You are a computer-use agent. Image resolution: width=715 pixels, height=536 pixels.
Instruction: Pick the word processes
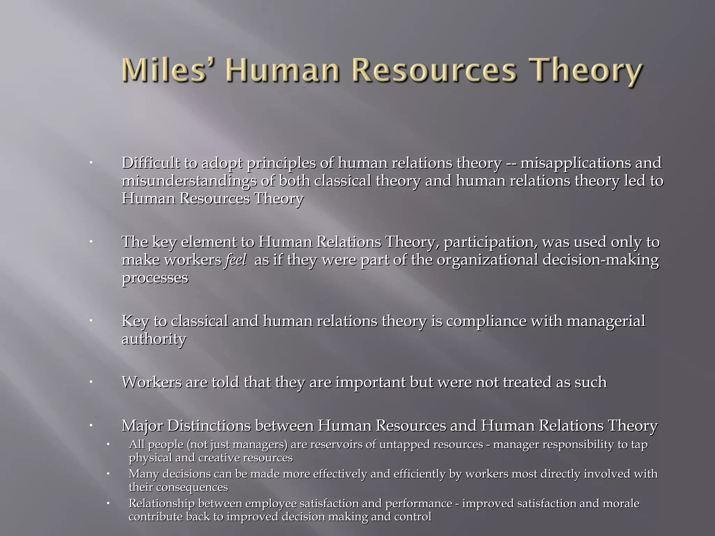tap(155, 278)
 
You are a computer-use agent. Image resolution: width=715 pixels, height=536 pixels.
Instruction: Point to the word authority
tap(154, 339)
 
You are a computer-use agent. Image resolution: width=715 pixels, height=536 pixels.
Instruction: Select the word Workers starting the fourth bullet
tap(152, 382)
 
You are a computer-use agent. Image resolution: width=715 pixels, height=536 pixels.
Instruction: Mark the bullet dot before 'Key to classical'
tap(90, 320)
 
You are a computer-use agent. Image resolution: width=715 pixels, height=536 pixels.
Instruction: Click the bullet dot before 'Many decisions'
tap(108, 474)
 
